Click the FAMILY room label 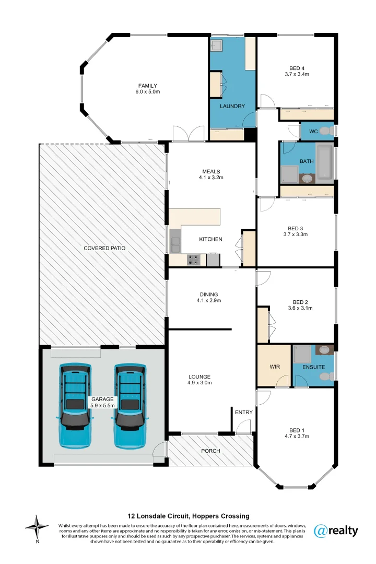coord(148,86)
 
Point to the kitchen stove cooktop coord(194,260)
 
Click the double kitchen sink coord(174,241)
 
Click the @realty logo coord(336,531)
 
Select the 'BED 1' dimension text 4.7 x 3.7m coord(297,436)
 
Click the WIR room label coord(275,367)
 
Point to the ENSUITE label coord(314,367)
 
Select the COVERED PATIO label coord(104,248)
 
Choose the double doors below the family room coord(189,134)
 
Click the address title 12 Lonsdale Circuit coord(189,516)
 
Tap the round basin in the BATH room coord(307,179)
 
